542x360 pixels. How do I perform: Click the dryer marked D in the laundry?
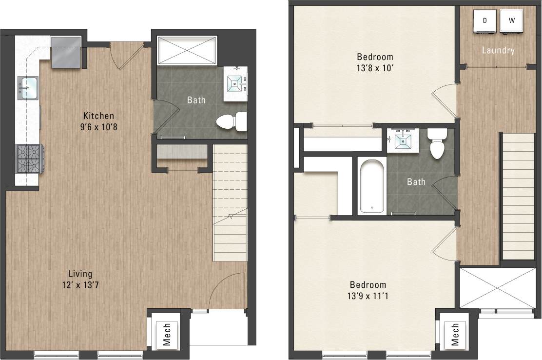point(485,21)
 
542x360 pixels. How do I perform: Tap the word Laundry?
point(498,50)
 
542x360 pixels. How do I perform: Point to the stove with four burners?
point(30,159)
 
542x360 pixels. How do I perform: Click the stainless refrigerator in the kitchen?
point(66,52)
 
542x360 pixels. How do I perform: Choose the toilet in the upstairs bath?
point(437,144)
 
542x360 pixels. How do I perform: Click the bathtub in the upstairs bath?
point(371,186)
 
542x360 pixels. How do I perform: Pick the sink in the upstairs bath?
point(404,140)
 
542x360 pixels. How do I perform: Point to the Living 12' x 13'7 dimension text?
point(80,279)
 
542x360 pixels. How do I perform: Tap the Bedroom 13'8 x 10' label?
point(375,63)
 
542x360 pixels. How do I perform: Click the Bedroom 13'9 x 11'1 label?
point(368,290)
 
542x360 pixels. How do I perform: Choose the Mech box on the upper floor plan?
point(455,334)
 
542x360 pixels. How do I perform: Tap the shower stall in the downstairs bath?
point(187,49)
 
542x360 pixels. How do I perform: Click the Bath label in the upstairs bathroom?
point(416,182)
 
